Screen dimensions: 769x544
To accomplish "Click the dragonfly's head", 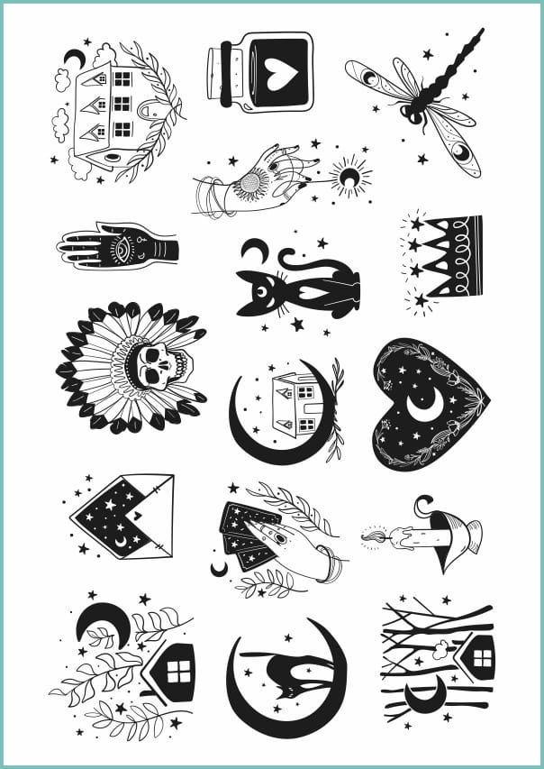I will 413,114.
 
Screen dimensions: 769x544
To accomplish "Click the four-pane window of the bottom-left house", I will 180,672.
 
